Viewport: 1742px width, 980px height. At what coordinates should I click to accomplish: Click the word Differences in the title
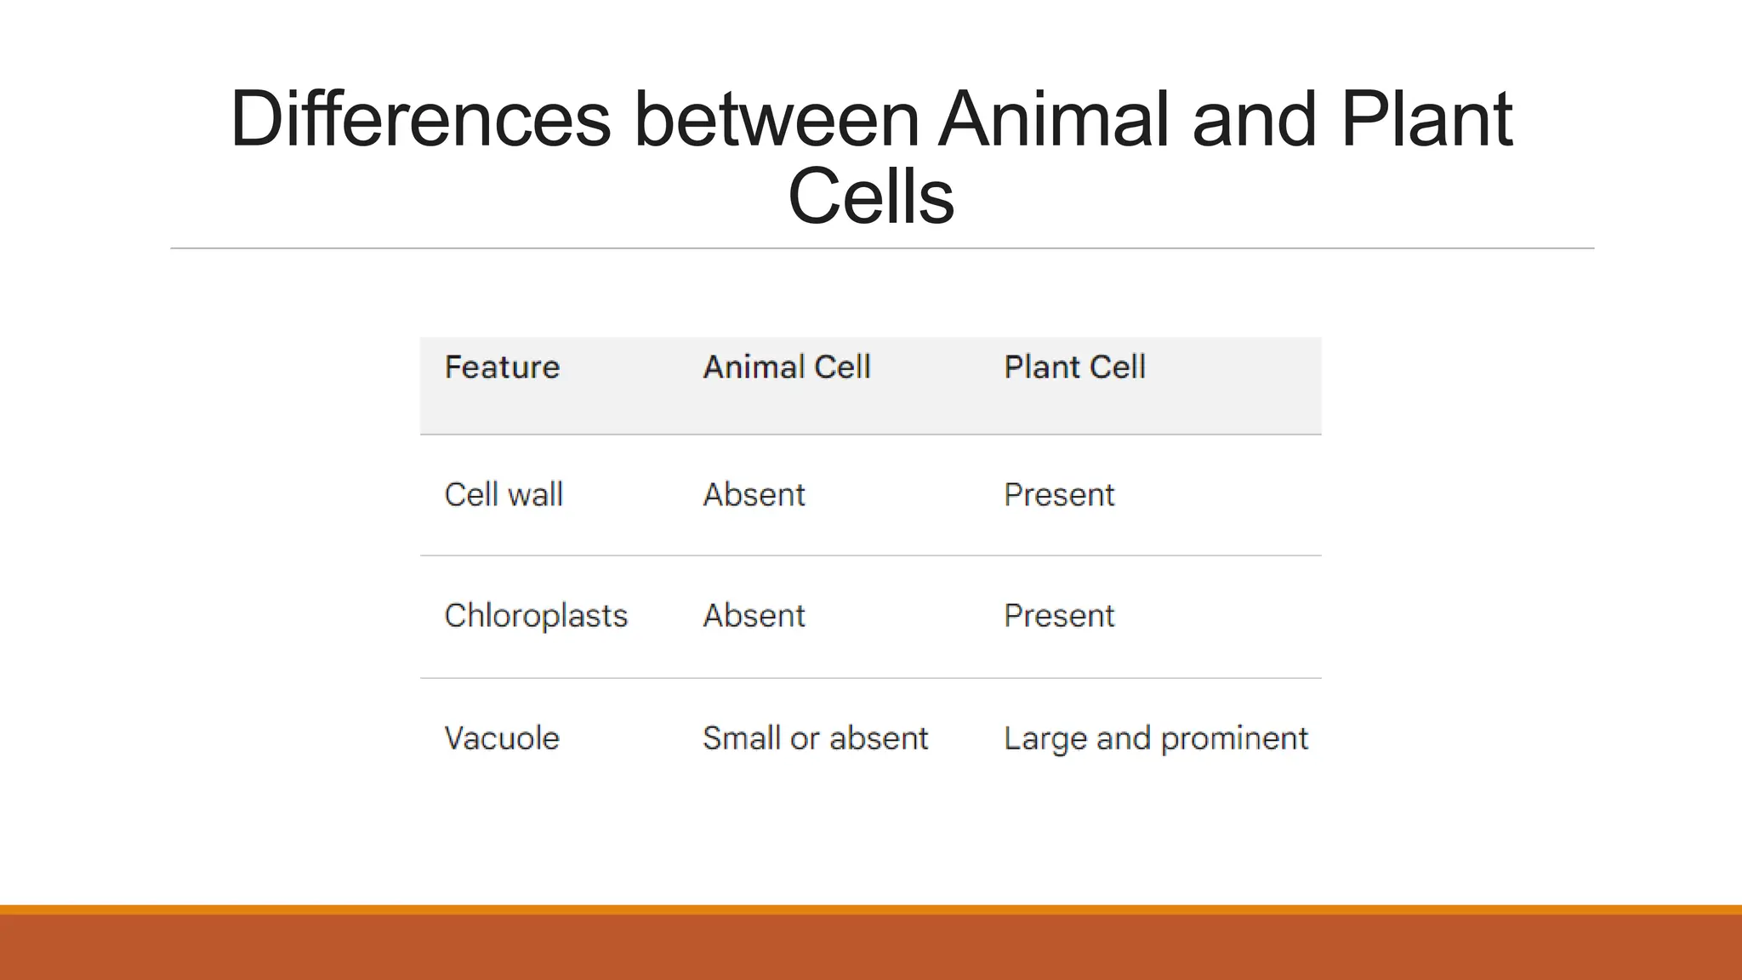click(x=420, y=119)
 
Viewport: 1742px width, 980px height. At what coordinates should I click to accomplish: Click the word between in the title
click(x=776, y=119)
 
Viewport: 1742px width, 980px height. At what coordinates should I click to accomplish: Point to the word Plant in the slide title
click(x=1426, y=119)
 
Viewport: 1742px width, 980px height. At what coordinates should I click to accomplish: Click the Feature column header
click(x=502, y=367)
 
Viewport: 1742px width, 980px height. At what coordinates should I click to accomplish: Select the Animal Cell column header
click(x=787, y=367)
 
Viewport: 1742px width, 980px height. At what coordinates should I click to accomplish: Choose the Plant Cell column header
click(x=1074, y=367)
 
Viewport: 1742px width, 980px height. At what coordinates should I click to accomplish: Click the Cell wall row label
click(x=504, y=495)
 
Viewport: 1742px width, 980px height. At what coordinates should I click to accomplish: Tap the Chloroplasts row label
click(x=536, y=616)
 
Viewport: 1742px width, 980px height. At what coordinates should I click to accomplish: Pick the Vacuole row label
click(x=502, y=738)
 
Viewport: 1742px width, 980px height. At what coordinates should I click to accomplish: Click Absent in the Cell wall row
click(x=754, y=495)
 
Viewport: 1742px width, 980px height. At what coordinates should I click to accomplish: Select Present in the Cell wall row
click(x=1059, y=495)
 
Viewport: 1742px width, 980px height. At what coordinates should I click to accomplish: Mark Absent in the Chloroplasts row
click(x=754, y=616)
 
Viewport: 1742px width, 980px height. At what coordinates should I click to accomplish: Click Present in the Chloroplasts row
click(x=1059, y=616)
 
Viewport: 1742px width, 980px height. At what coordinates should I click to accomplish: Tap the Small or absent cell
click(x=815, y=738)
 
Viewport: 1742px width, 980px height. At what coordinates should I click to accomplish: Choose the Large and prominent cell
click(x=1155, y=738)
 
